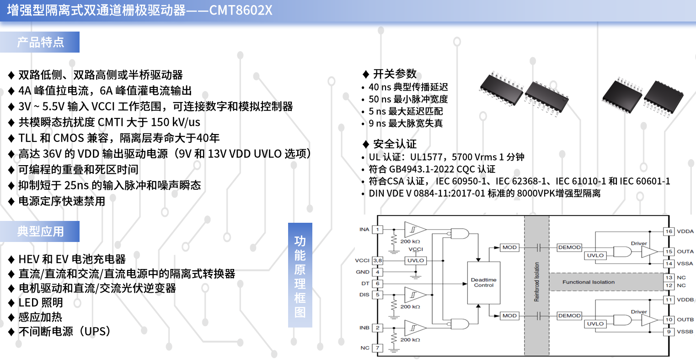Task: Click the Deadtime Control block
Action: [x=483, y=283]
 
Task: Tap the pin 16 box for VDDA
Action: [x=669, y=231]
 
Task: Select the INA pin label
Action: [x=364, y=230]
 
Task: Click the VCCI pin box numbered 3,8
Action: [x=378, y=261]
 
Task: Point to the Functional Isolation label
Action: [x=589, y=282]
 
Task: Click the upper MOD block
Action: [x=509, y=247]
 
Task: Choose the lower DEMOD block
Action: [x=569, y=316]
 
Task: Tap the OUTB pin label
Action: [x=685, y=320]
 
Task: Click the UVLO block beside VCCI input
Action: [x=415, y=261]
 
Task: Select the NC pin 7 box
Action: [x=378, y=348]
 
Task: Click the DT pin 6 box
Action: [x=378, y=284]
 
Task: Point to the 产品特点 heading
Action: [x=40, y=42]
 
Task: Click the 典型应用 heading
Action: [x=40, y=231]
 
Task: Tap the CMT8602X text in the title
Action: [x=241, y=10]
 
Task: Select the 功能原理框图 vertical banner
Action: [x=300, y=275]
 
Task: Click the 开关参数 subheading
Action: [x=395, y=74]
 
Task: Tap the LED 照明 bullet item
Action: [x=41, y=302]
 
